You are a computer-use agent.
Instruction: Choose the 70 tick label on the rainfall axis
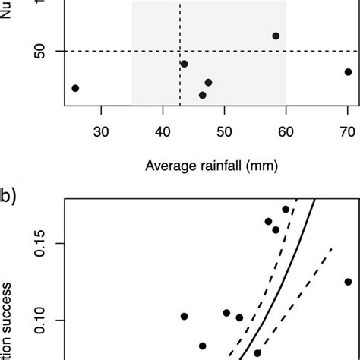(x=347, y=131)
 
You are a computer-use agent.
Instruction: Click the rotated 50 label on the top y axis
(x=40, y=52)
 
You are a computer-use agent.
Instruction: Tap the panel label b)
(x=8, y=195)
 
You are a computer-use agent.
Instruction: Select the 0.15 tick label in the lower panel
(x=40, y=243)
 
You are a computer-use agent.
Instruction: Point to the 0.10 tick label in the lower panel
(x=40, y=320)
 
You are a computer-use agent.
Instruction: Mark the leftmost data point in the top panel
(x=75, y=88)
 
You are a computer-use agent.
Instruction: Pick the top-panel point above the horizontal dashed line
(x=276, y=36)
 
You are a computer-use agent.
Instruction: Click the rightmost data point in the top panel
(x=348, y=72)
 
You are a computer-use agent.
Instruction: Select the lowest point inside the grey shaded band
(x=203, y=95)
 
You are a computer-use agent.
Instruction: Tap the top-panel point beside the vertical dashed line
(x=184, y=64)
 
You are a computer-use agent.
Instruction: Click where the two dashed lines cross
(x=180, y=52)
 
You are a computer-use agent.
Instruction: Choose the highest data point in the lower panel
(x=286, y=209)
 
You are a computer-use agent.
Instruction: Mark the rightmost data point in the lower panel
(x=348, y=282)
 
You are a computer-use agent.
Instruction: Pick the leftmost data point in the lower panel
(x=184, y=316)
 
